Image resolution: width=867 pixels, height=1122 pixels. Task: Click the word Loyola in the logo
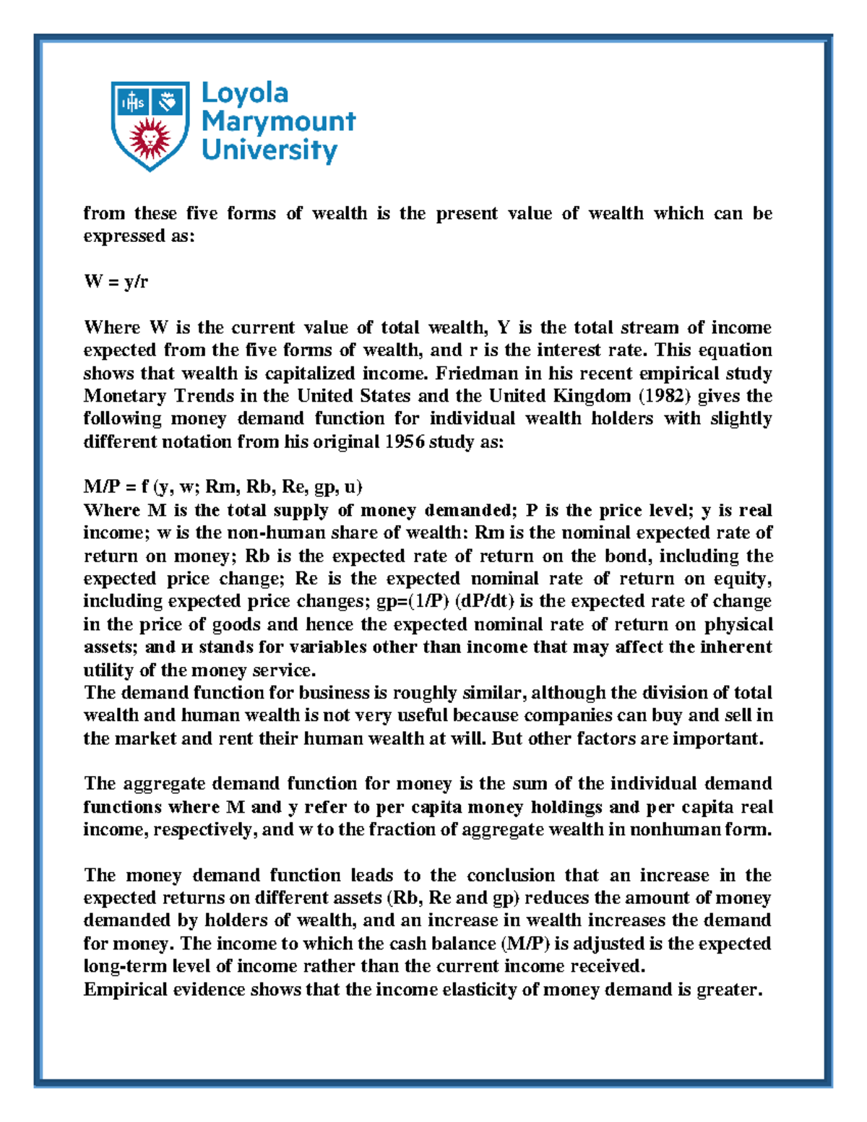pyautogui.click(x=245, y=94)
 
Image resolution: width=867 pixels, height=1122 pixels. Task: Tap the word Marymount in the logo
pyautogui.click(x=278, y=121)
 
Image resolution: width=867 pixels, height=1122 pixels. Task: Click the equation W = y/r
pyautogui.click(x=116, y=282)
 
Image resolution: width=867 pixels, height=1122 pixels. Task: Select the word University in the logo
pyautogui.click(x=269, y=150)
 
